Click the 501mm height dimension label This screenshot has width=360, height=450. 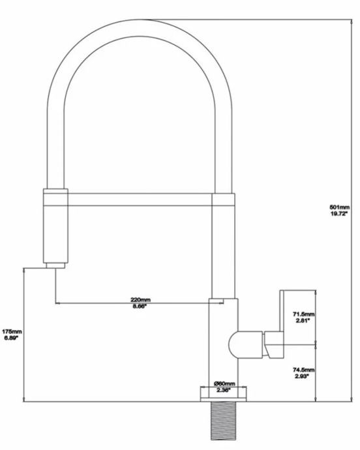[339, 207]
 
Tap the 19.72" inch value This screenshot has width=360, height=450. [338, 213]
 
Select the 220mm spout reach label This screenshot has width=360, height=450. [141, 299]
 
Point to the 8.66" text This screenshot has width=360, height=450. [139, 306]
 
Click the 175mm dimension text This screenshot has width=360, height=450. [12, 331]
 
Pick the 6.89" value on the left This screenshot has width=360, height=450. [11, 338]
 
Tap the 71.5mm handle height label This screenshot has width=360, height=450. [303, 314]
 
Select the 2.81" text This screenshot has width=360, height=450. [303, 320]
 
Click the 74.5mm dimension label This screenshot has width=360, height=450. [303, 370]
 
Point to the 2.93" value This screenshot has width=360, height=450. [301, 376]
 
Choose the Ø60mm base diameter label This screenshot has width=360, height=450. [224, 383]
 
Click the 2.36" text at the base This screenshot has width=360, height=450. [222, 390]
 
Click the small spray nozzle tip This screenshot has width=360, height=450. [55, 265]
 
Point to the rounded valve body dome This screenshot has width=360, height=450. [233, 345]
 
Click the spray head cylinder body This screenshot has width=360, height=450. [55, 226]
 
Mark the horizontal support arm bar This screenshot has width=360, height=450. [140, 200]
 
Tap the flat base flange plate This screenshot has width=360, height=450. [223, 399]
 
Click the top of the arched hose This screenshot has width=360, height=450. [140, 28]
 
